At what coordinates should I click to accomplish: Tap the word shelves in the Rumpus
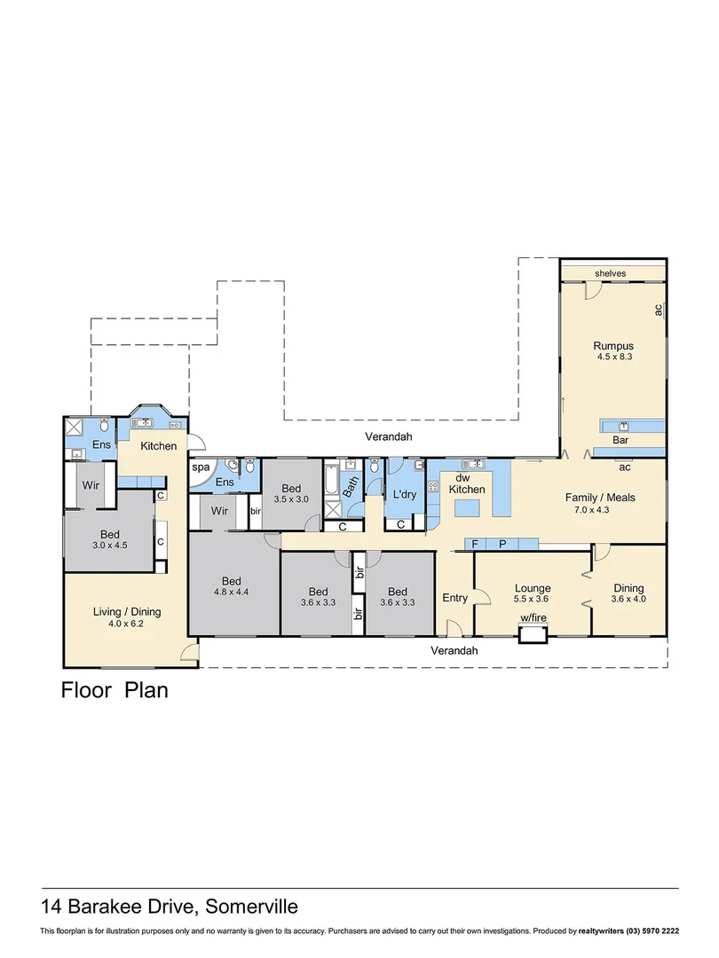(x=612, y=274)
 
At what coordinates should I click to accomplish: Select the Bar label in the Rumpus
(x=621, y=440)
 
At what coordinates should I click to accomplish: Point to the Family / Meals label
(x=600, y=498)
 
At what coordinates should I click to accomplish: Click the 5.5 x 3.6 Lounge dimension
(x=533, y=601)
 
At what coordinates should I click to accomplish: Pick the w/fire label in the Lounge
(x=533, y=618)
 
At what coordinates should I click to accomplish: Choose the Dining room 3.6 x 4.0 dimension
(x=628, y=601)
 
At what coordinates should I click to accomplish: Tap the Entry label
(x=454, y=598)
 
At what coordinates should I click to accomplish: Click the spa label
(x=201, y=466)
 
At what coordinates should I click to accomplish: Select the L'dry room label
(x=404, y=494)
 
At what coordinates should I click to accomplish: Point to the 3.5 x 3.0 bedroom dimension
(x=292, y=500)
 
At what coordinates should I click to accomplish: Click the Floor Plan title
(x=114, y=689)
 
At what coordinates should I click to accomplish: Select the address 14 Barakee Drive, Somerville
(x=170, y=907)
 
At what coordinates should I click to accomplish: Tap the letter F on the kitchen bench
(x=475, y=544)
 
